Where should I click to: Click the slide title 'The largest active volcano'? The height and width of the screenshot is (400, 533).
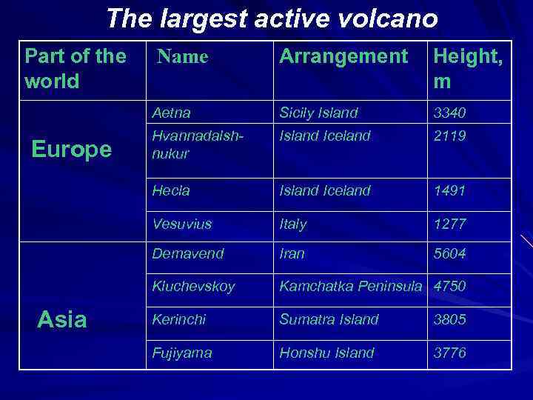click(272, 19)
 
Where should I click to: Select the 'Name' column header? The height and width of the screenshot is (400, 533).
click(183, 56)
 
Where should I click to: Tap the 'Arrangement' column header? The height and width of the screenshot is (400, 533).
click(343, 56)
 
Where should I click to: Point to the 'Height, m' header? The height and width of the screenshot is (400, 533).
click(468, 68)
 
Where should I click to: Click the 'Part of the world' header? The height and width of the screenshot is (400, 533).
click(75, 68)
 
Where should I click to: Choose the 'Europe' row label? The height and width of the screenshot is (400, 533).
click(71, 150)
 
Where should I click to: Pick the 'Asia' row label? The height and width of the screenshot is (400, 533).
click(62, 319)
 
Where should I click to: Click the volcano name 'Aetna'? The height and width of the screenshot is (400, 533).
click(171, 113)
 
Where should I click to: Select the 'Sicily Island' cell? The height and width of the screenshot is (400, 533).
click(318, 113)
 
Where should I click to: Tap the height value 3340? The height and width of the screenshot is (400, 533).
click(449, 113)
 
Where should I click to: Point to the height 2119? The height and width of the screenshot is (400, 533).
click(449, 136)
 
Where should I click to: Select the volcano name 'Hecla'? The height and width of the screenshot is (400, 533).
click(171, 190)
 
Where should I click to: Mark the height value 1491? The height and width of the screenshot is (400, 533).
click(449, 190)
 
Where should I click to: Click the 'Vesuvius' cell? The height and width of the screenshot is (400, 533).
click(181, 223)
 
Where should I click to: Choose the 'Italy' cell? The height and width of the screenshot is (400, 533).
click(292, 223)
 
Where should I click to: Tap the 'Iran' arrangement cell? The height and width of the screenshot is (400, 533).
click(292, 253)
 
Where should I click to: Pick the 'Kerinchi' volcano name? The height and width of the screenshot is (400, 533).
click(179, 319)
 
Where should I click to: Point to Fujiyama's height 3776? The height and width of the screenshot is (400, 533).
click(450, 353)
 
